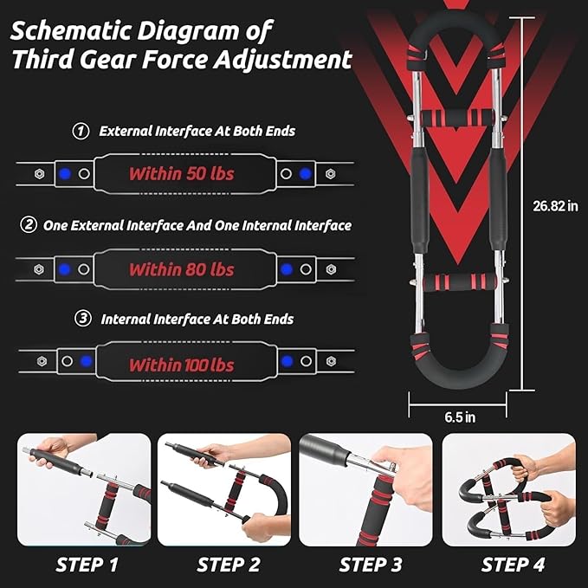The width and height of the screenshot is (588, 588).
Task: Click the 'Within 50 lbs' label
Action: (182, 173)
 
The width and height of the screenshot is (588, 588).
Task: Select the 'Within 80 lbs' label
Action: (182, 269)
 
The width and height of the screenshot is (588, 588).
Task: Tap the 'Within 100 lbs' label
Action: (182, 365)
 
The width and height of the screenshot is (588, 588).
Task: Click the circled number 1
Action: (81, 132)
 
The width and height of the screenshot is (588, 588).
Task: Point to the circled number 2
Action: (28, 225)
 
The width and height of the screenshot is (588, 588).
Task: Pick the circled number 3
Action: (82, 319)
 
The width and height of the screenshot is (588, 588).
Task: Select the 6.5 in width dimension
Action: (460, 417)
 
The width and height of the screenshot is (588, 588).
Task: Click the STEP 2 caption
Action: (228, 565)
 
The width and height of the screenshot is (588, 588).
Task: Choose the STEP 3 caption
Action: (370, 565)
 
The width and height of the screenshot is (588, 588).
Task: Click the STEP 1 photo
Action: (82, 490)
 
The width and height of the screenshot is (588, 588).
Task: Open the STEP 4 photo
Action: (508, 490)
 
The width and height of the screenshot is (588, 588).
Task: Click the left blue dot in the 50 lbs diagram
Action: (64, 173)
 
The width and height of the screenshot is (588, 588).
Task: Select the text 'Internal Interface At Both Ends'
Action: (197, 319)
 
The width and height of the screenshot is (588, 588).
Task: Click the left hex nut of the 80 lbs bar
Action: (37, 269)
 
